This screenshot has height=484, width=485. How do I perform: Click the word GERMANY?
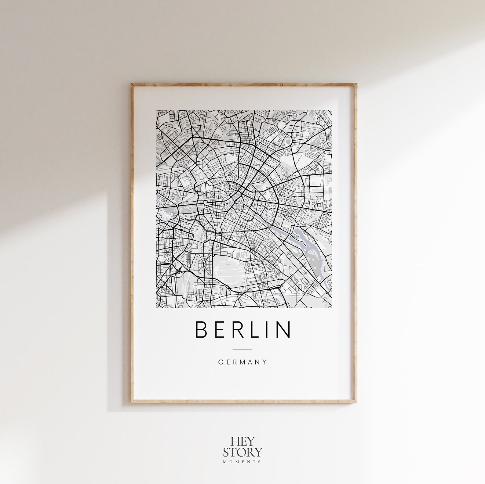242,362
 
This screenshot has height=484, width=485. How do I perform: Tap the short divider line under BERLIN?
242,349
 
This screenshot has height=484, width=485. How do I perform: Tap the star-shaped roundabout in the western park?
177,206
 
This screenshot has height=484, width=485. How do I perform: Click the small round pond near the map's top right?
288,141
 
